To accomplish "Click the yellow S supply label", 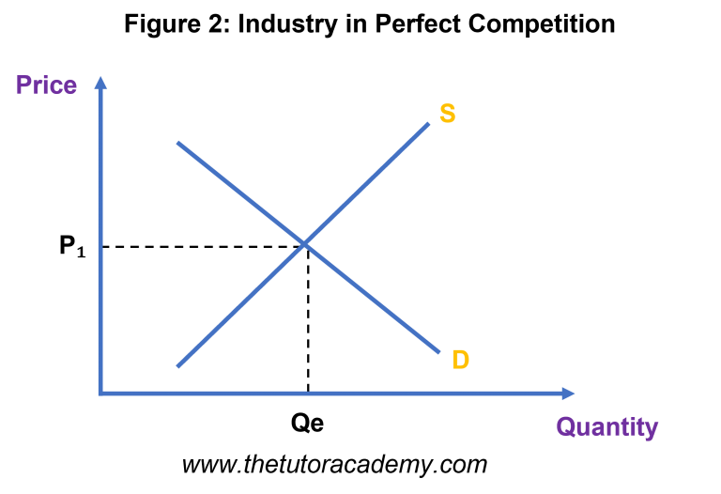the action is (448, 113).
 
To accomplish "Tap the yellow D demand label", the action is (460, 360).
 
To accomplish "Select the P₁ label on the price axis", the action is (72, 246).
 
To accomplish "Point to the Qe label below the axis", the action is (307, 423).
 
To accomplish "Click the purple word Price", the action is (46, 85).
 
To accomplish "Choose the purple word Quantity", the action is (607, 427).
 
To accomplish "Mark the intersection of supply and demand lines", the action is (305, 244).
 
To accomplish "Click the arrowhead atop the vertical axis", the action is (100, 83).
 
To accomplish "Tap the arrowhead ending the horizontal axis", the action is (568, 394).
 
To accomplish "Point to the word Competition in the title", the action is (542, 23).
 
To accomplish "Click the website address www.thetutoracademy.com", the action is (334, 465).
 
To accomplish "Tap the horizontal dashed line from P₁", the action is (203, 247).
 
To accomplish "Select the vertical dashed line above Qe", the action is (308, 319).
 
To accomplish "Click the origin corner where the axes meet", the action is (100, 394).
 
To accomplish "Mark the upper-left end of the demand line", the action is (178, 143).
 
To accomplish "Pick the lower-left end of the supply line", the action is (178, 366).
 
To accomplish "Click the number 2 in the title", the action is (217, 23).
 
